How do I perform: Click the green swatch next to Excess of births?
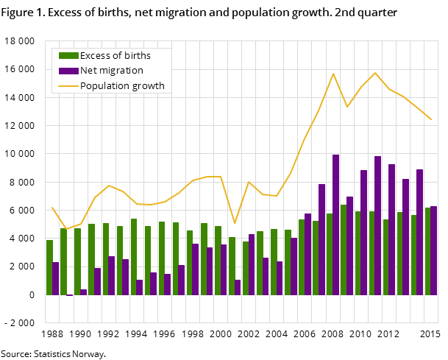tap(68, 56)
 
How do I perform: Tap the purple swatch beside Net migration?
tap(68, 71)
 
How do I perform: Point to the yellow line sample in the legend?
tap(68, 86)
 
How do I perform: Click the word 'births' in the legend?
tap(136, 56)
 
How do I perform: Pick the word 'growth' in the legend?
tap(148, 86)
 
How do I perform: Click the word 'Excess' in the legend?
tap(96, 56)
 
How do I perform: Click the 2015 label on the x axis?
tap(430, 334)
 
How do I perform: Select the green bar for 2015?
tap(427, 251)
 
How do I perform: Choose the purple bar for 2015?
tap(434, 250)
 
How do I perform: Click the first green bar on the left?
tap(49, 267)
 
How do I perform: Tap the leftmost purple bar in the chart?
tap(56, 278)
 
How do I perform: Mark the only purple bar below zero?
tap(70, 295)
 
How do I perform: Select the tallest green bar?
tap(344, 250)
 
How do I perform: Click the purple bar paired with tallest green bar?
tap(350, 246)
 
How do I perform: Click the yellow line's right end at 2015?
tap(431, 119)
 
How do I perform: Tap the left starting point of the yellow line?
tap(51, 208)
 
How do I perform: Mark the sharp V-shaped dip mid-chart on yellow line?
tap(235, 223)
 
